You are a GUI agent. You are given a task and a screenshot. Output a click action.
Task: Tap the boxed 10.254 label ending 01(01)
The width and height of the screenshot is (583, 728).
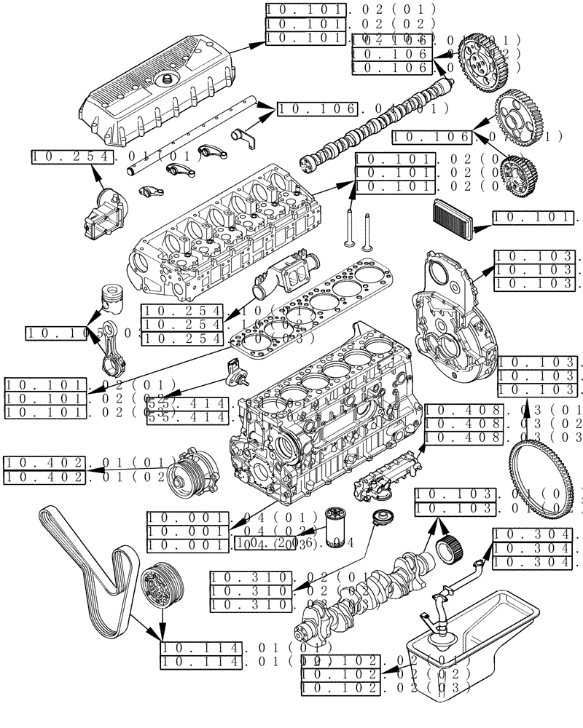(73, 156)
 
